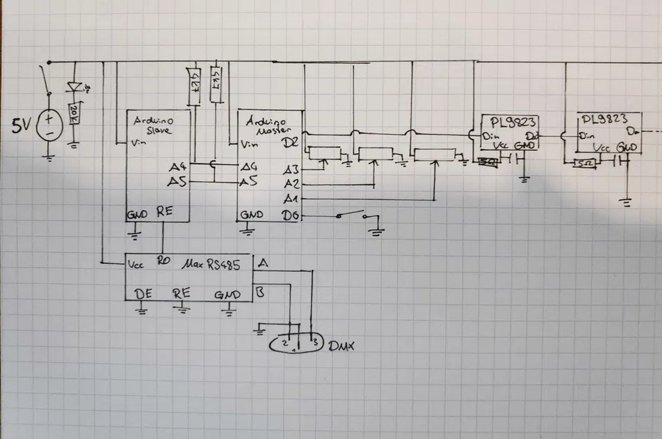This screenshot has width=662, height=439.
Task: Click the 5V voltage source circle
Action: pos(49,126)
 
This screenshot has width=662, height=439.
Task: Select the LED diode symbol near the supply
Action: pos(74,87)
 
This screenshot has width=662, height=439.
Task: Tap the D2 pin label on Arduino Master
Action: pos(290,143)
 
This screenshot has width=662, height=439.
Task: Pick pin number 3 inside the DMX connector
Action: pos(315,343)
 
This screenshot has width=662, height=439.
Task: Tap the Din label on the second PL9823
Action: pos(585,135)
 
